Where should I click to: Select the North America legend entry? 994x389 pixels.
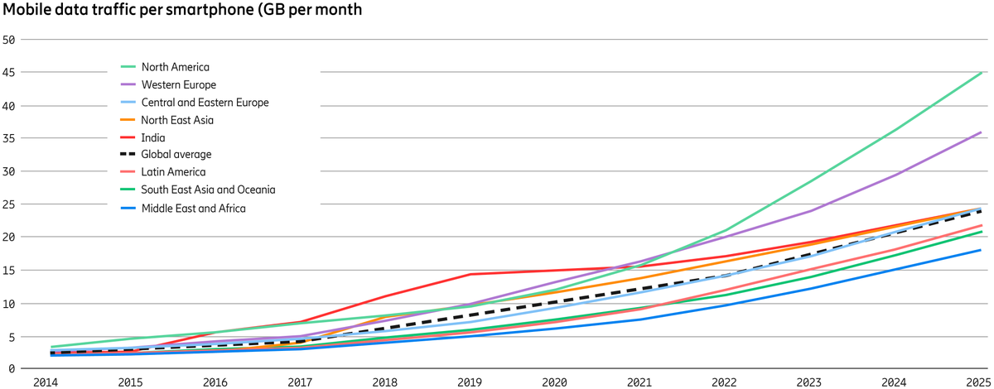(175, 67)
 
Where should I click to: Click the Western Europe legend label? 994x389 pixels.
(179, 84)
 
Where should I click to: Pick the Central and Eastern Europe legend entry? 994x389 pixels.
(205, 103)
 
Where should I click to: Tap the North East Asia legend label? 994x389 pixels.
(177, 120)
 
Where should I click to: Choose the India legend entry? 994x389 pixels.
(153, 137)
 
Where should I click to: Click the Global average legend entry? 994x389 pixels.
(176, 155)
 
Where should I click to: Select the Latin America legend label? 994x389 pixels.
(173, 172)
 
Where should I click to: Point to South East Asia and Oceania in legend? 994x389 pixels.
(208, 190)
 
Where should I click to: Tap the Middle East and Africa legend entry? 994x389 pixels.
(193, 208)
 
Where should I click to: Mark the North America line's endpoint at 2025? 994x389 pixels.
(982, 73)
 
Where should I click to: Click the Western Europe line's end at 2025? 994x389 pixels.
(982, 132)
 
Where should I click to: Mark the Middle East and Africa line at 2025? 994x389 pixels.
(982, 250)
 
